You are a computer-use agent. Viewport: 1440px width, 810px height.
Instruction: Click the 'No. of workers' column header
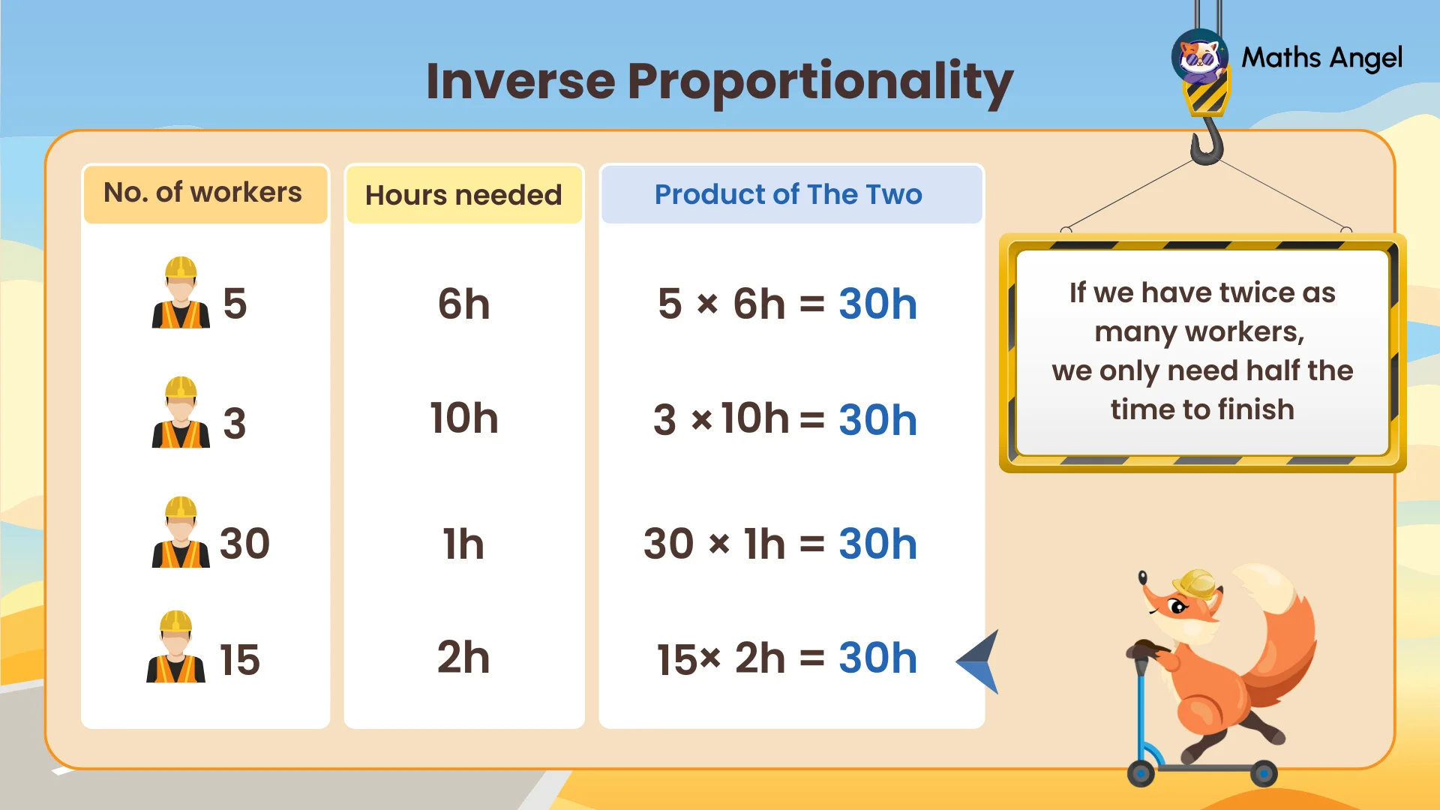[x=203, y=193]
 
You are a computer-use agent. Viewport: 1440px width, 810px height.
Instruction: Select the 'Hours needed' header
[x=463, y=195]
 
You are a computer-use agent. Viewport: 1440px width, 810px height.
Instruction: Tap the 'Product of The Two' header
[x=788, y=194]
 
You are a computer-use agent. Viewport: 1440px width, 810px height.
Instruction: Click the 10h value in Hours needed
[x=463, y=418]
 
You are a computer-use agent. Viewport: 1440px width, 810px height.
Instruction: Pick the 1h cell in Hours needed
[x=463, y=544]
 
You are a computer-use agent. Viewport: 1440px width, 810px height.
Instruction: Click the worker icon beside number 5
[x=181, y=294]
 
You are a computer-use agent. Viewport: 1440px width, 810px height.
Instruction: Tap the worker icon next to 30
[x=181, y=533]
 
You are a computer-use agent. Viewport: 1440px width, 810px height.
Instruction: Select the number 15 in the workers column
[x=239, y=660]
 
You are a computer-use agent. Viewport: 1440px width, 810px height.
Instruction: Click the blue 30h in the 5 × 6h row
[x=877, y=304]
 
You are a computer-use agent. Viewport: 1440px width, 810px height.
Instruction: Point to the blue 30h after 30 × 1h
[x=877, y=544]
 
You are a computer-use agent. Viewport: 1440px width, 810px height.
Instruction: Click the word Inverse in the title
[x=520, y=81]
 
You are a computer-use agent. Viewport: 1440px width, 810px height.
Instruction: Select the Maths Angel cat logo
[x=1198, y=57]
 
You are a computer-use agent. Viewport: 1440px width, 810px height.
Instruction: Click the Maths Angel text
[x=1321, y=58]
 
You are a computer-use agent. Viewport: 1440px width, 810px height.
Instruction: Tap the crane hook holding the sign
[x=1207, y=142]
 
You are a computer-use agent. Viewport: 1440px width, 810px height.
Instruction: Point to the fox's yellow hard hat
[x=1196, y=583]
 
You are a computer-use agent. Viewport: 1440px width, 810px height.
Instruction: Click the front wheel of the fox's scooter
[x=1141, y=772]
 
